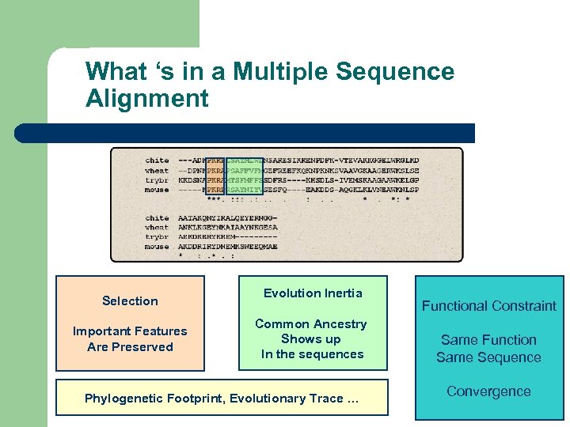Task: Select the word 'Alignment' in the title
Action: point(146,99)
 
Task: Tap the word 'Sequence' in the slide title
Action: point(395,72)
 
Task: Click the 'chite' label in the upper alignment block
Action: point(157,161)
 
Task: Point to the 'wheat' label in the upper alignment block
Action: point(157,170)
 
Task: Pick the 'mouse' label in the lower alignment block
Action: point(157,247)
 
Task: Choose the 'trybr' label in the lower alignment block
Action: point(157,237)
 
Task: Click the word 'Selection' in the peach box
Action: point(130,301)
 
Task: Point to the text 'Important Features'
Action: point(130,331)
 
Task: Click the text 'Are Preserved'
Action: point(130,347)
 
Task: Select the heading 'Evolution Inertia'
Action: point(313,293)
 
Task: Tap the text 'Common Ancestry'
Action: point(311,324)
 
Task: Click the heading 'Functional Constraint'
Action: point(488,306)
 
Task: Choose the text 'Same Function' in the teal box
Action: point(488,340)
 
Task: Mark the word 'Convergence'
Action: point(488,391)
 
